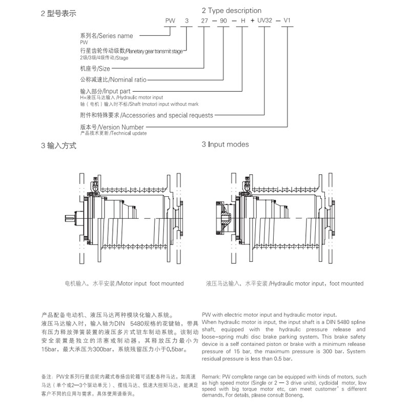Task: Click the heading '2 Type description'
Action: [x=232, y=10]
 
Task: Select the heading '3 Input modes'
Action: [x=225, y=145]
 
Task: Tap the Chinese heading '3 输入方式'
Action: [x=58, y=146]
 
